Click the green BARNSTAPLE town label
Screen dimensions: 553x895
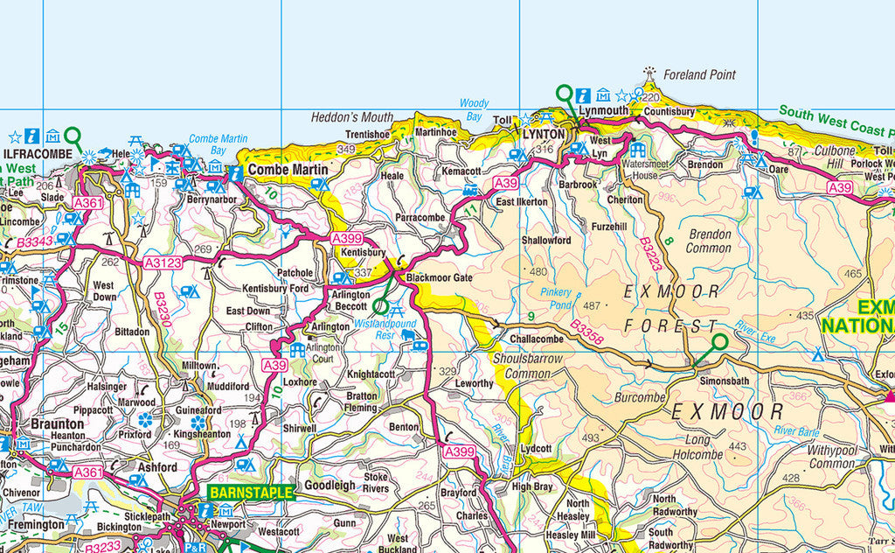click(x=250, y=493)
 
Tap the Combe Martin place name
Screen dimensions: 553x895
click(x=288, y=169)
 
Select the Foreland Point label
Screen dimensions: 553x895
click(x=699, y=75)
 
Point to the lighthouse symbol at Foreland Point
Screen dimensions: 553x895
click(x=649, y=73)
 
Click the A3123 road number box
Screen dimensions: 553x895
click(x=163, y=262)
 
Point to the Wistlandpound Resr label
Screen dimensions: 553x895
click(x=385, y=329)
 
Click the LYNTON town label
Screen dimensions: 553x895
click(x=544, y=135)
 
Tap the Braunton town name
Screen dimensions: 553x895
click(x=57, y=423)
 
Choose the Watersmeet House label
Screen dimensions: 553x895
click(x=646, y=170)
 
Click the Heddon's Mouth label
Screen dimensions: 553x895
click(x=352, y=117)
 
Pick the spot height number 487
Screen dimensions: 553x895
click(x=592, y=305)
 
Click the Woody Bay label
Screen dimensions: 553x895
click(x=474, y=109)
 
